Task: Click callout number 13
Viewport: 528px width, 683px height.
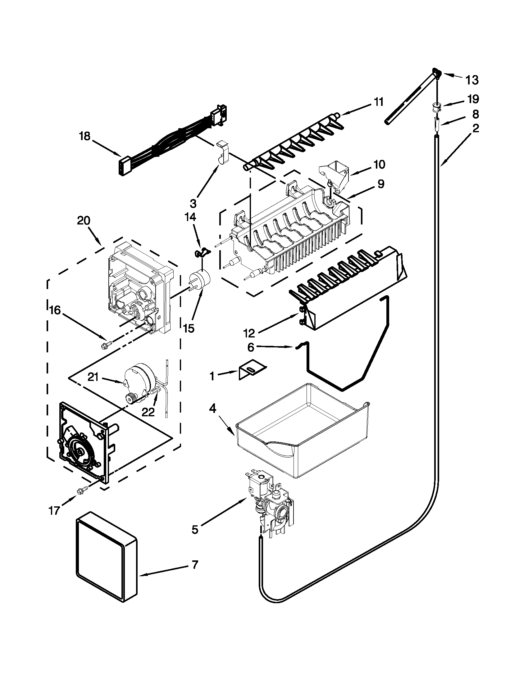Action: [472, 80]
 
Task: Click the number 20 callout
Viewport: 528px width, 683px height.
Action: [84, 221]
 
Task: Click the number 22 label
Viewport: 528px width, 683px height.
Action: [148, 413]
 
